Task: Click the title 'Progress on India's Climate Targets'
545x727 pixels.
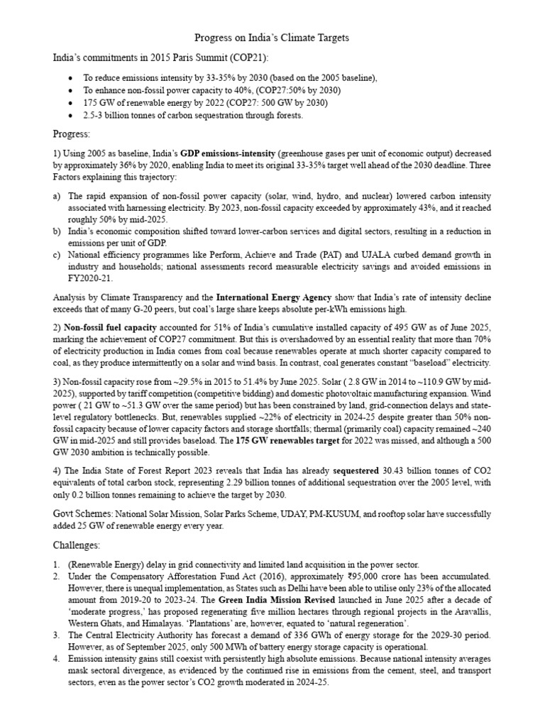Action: coord(272,37)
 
